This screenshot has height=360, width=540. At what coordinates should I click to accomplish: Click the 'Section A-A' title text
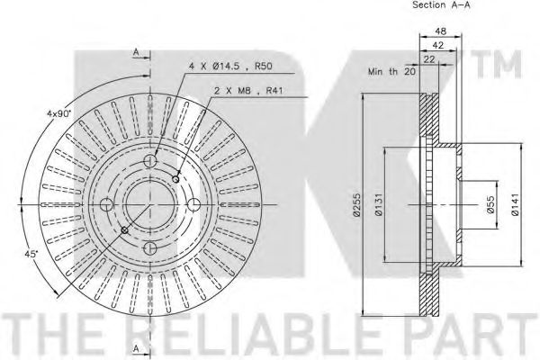coord(441,4)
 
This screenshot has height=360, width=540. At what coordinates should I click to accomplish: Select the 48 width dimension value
coord(440,31)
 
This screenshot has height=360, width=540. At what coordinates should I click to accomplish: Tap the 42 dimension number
coord(438,45)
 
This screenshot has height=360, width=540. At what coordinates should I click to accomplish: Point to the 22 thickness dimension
coord(429,59)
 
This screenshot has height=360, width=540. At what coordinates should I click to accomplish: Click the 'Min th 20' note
coord(391,72)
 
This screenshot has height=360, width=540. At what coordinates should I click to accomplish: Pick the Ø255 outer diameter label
coord(357,204)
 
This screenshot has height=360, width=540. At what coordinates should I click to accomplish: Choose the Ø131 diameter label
coord(378,204)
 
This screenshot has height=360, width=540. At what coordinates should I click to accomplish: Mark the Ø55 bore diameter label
coord(490,204)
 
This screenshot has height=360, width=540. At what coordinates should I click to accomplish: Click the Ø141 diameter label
coord(515,204)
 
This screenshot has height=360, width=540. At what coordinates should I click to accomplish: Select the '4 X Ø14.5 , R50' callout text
coord(230,66)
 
